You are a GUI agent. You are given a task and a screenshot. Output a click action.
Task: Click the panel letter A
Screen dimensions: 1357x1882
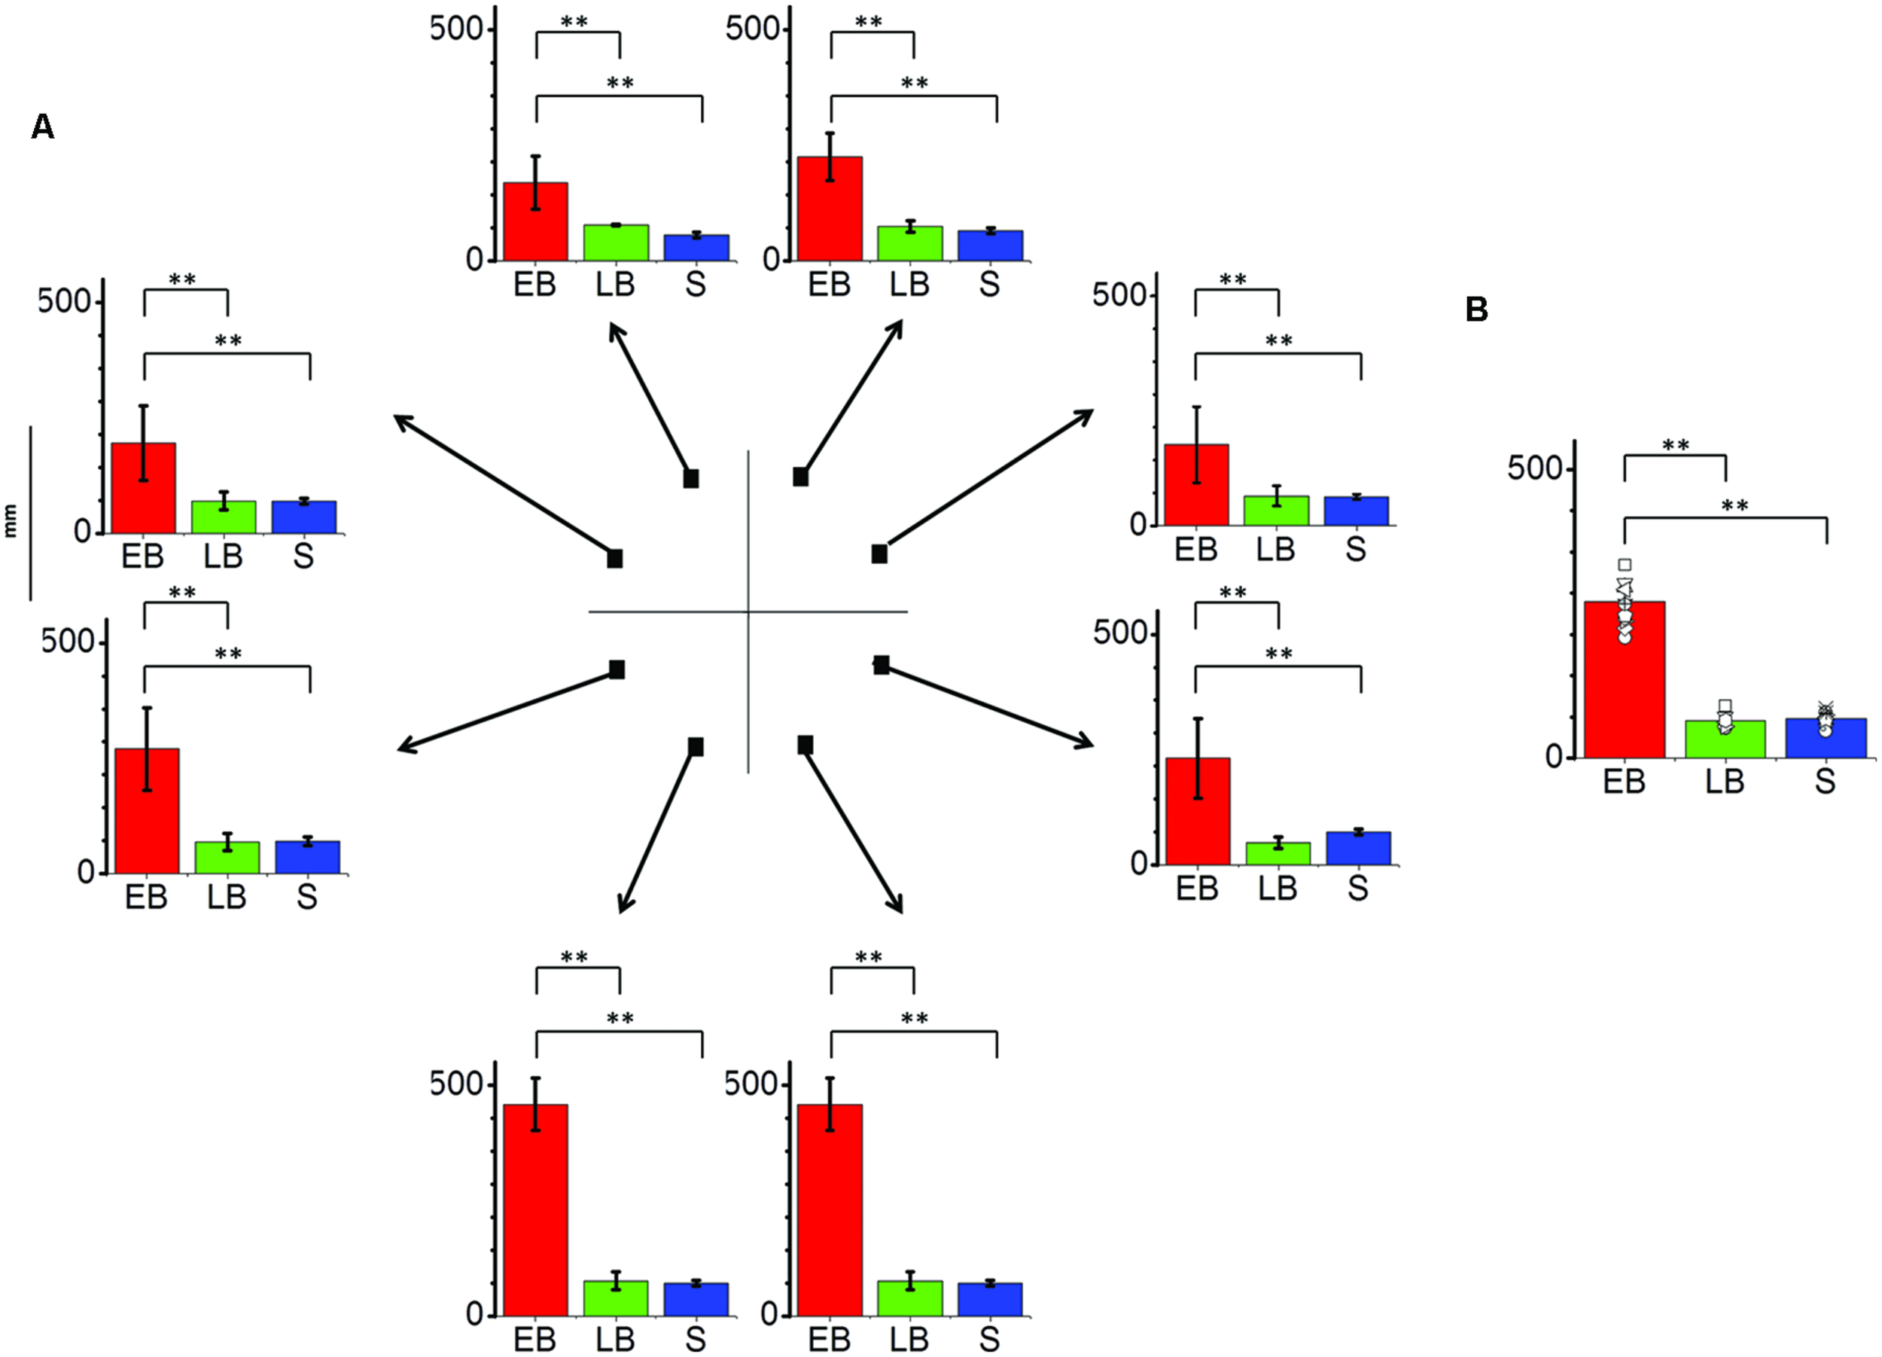click(x=42, y=127)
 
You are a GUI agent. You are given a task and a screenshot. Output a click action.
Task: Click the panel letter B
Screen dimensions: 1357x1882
click(x=1476, y=310)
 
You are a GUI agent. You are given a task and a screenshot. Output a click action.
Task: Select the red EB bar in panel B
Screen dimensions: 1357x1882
click(x=1624, y=689)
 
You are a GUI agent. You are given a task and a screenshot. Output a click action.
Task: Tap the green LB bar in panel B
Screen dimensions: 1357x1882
click(x=1725, y=740)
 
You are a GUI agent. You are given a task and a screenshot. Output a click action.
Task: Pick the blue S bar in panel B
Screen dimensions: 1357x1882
click(x=1825, y=739)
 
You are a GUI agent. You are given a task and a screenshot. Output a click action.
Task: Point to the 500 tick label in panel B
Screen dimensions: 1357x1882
click(x=1534, y=469)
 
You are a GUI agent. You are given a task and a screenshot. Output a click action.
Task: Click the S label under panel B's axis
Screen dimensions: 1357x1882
click(x=1825, y=782)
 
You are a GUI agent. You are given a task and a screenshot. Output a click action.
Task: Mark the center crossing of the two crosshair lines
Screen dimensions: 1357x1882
click(x=748, y=612)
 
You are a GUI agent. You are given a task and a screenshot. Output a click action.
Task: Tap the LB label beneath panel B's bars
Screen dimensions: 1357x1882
click(x=1725, y=782)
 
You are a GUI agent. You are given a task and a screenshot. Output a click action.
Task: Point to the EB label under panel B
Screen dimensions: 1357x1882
click(x=1624, y=782)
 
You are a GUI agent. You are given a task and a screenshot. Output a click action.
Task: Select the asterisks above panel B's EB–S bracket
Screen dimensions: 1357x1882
click(x=1734, y=505)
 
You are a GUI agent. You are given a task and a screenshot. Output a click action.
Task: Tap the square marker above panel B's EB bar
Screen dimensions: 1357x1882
click(x=1625, y=566)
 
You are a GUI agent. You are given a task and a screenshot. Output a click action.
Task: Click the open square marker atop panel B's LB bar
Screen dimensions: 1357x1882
click(x=1725, y=706)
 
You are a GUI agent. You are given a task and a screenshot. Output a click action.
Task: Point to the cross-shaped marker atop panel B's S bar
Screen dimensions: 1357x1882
click(x=1825, y=708)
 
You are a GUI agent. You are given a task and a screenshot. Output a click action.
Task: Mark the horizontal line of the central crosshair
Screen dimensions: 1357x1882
click(x=664, y=612)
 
